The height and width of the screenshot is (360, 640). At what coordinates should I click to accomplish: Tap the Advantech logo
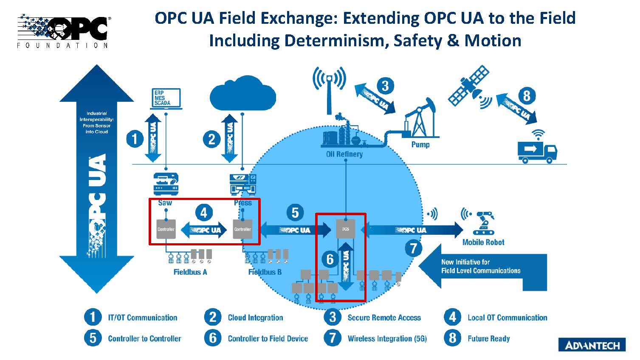tap(592, 345)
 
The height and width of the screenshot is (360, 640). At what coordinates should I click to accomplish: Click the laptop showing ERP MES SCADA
tap(166, 98)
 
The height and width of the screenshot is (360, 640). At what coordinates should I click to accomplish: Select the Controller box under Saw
tap(166, 229)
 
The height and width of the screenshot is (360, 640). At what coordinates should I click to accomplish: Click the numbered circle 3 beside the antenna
tap(385, 86)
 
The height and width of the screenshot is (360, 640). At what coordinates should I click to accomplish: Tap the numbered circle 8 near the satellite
tap(527, 96)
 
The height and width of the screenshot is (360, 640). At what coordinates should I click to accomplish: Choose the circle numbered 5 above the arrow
tap(295, 212)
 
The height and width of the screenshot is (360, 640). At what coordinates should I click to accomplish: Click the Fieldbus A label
tap(190, 272)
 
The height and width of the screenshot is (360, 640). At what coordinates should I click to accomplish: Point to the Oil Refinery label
tap(344, 154)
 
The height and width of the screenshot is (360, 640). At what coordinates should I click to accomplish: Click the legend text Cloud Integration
tap(255, 318)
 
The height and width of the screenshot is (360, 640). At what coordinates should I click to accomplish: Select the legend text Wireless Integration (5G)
tap(387, 339)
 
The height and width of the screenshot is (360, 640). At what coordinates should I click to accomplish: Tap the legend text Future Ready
tap(488, 339)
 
